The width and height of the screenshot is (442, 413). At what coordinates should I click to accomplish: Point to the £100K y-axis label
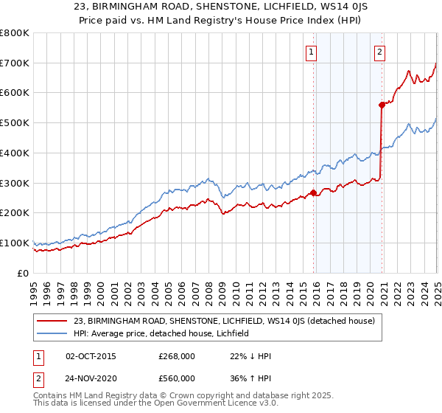pyautogui.click(x=15, y=243)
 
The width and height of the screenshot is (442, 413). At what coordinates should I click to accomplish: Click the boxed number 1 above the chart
pyautogui.click(x=312, y=52)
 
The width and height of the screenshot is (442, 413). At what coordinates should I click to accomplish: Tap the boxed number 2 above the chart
pyautogui.click(x=379, y=52)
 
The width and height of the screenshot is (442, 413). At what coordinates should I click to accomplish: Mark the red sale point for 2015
pyautogui.click(x=313, y=193)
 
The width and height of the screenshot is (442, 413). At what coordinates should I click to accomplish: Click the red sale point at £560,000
pyautogui.click(x=382, y=105)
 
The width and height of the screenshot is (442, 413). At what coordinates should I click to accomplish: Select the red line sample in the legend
pyautogui.click(x=53, y=321)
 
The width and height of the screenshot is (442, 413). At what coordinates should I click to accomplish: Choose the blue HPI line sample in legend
pyautogui.click(x=53, y=333)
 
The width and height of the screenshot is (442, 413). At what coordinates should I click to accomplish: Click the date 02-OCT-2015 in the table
pyautogui.click(x=91, y=356)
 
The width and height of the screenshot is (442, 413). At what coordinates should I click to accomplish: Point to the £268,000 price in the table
pyautogui.click(x=177, y=356)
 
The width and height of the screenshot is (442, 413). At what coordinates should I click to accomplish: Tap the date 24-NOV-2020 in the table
pyautogui.click(x=91, y=378)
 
